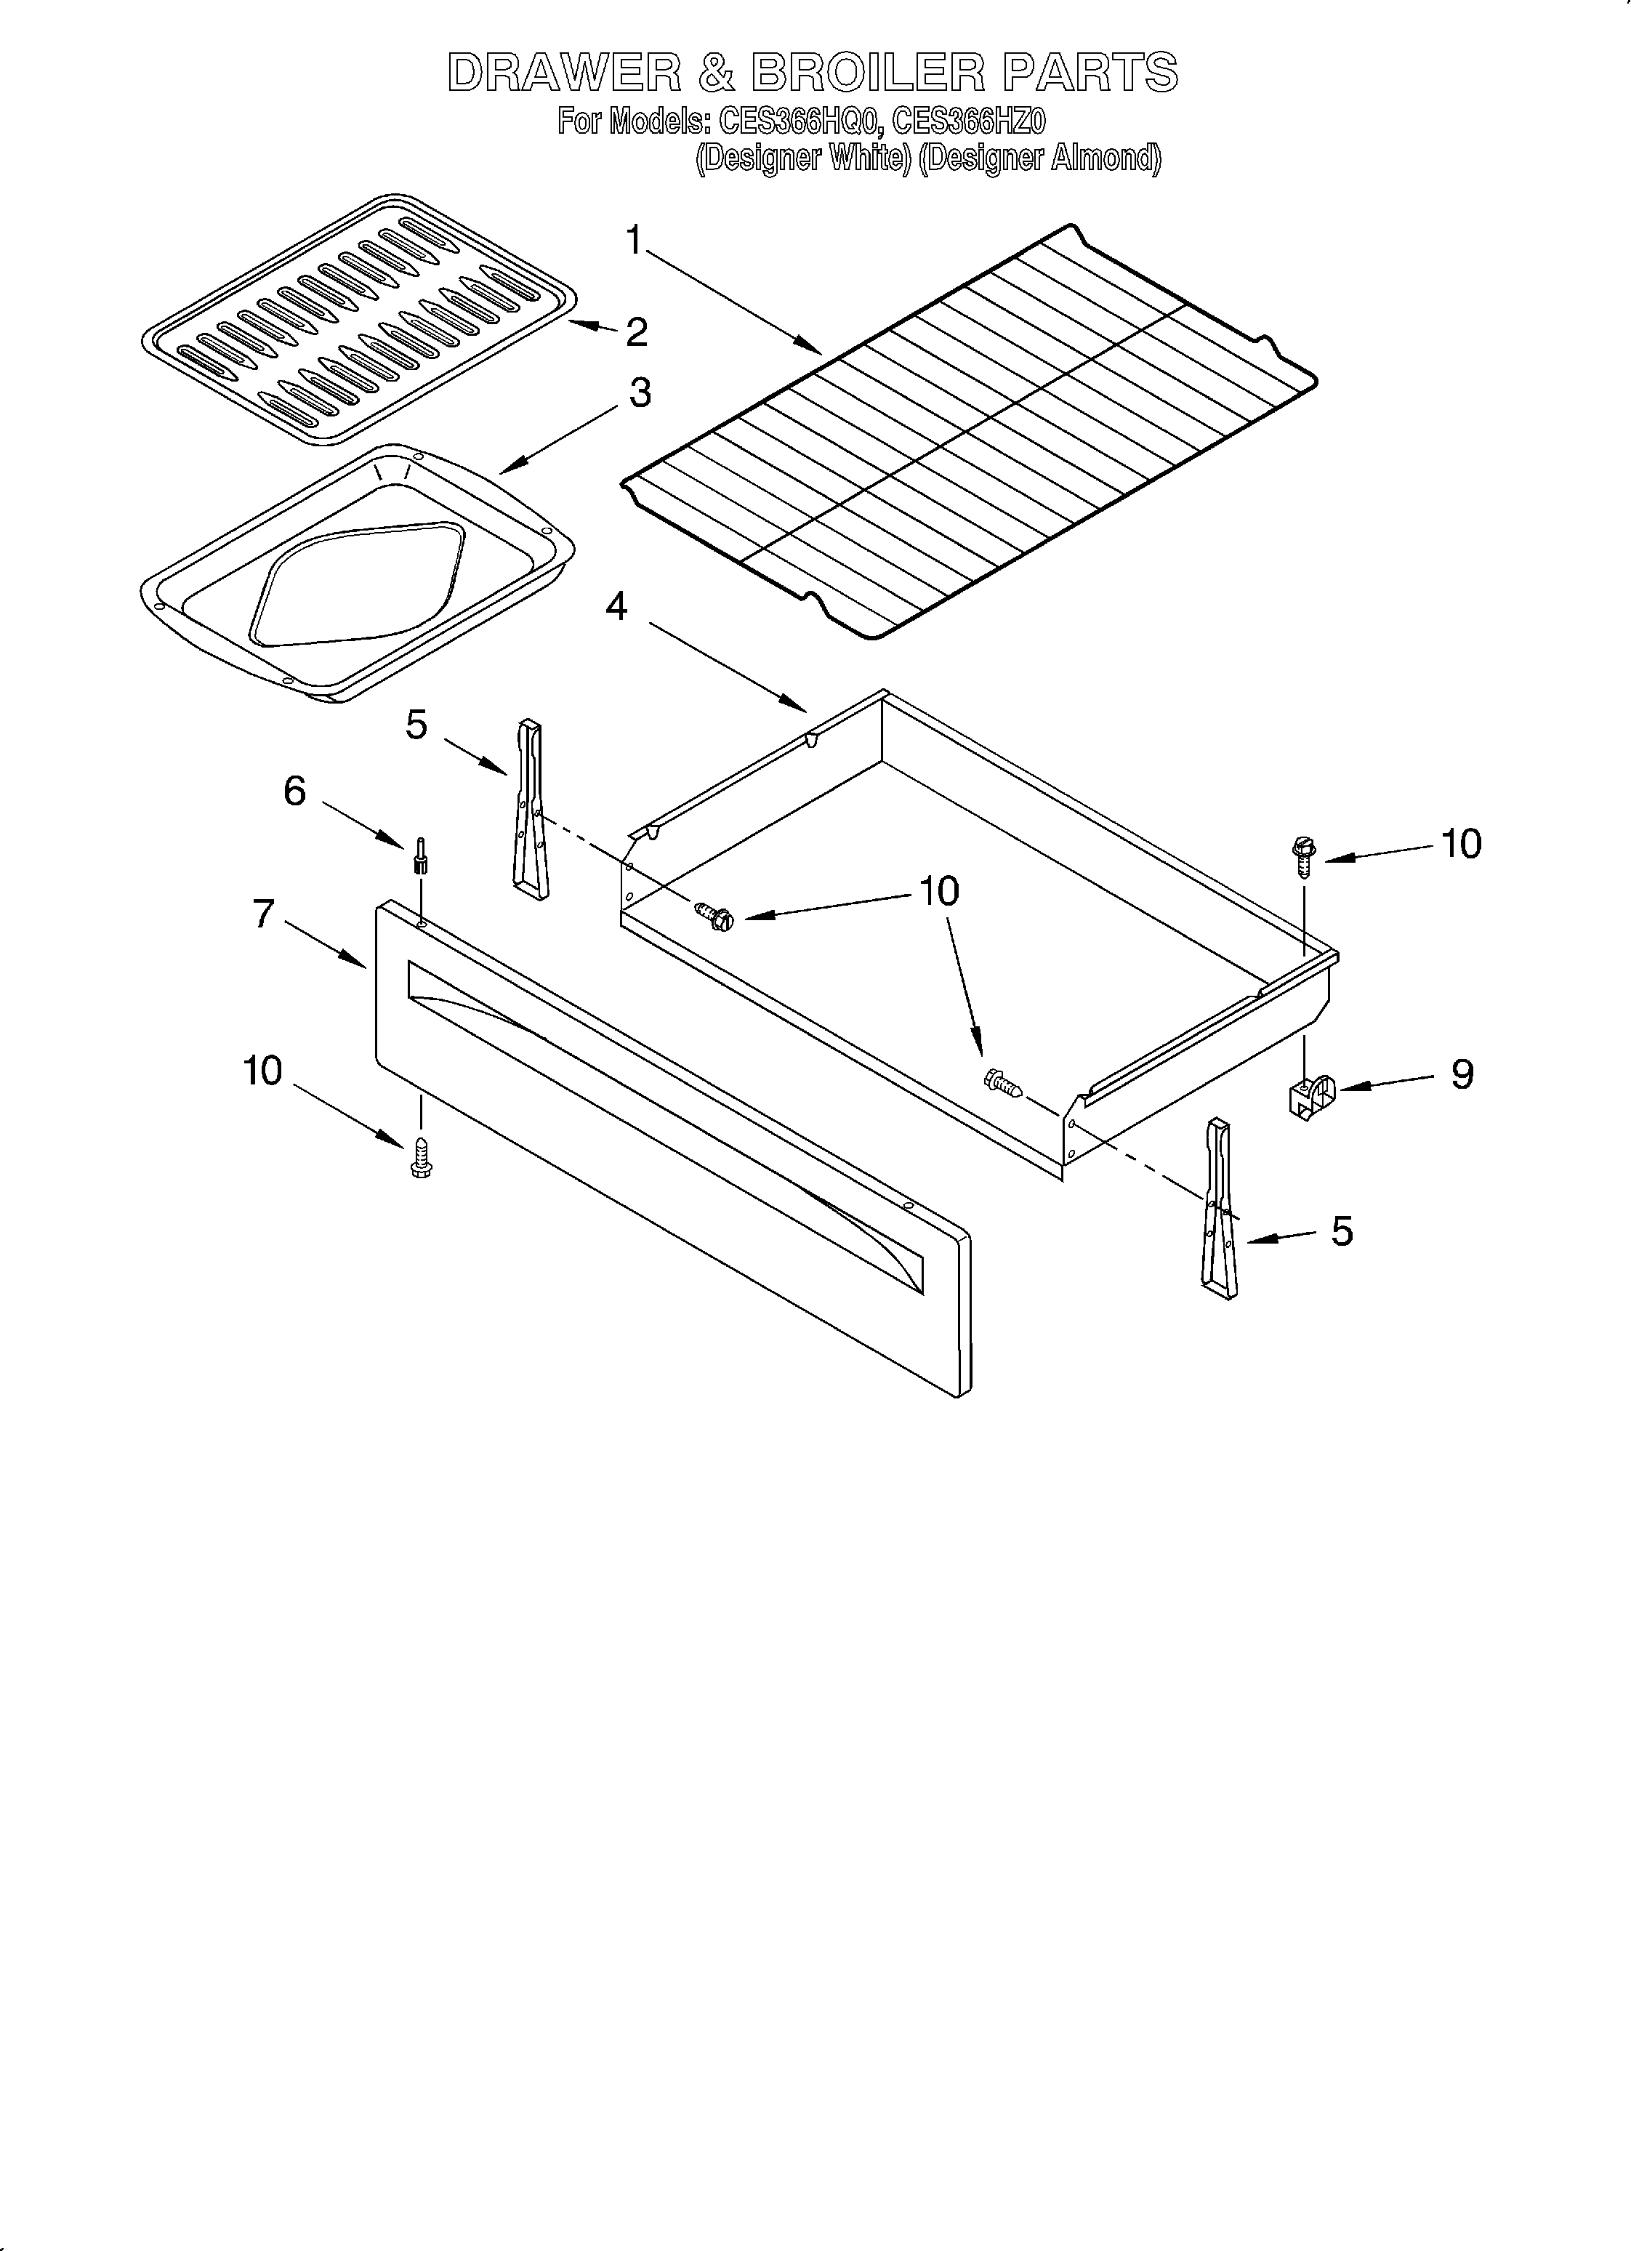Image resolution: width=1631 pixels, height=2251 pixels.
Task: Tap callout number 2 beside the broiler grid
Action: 636,332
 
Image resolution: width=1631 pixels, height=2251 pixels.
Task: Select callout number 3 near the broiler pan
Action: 640,393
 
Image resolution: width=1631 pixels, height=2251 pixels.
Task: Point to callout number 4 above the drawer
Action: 616,606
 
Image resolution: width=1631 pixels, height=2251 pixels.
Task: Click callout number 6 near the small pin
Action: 295,791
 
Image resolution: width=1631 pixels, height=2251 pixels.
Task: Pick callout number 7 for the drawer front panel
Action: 263,913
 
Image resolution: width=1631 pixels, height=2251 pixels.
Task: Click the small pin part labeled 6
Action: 421,855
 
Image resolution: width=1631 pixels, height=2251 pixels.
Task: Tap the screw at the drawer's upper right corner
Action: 1302,855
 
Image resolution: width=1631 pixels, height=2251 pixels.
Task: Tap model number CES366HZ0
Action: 969,122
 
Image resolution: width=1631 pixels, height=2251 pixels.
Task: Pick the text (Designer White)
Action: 802,158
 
